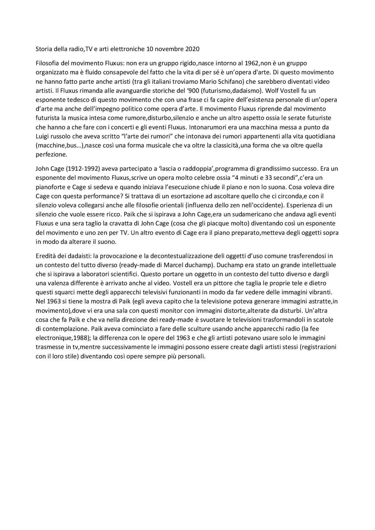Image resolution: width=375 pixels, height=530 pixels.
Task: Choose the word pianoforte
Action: [49, 187]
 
